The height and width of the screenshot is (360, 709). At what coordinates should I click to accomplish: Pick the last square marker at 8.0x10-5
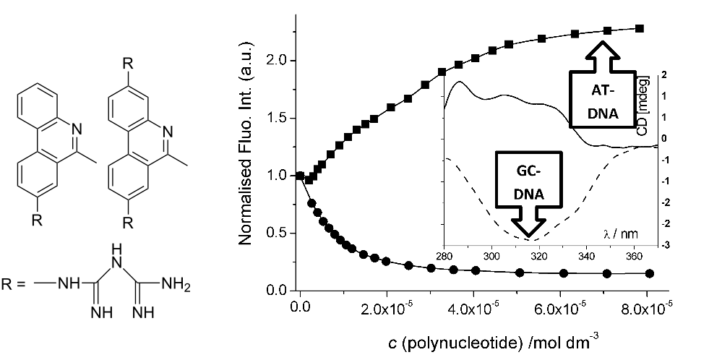pos(640,28)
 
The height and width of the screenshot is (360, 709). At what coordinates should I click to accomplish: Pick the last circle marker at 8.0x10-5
pos(649,273)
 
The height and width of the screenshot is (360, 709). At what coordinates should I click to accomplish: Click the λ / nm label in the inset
pos(619,234)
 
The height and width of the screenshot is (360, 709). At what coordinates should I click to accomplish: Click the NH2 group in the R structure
pos(177,282)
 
